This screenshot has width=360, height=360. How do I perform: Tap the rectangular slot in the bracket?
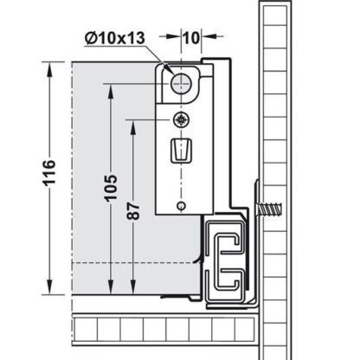(x=183, y=151)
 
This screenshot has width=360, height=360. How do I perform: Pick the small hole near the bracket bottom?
(x=180, y=205)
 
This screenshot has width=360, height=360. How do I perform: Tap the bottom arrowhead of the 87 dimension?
(x=132, y=292)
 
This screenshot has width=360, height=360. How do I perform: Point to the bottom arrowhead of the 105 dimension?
(x=112, y=292)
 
